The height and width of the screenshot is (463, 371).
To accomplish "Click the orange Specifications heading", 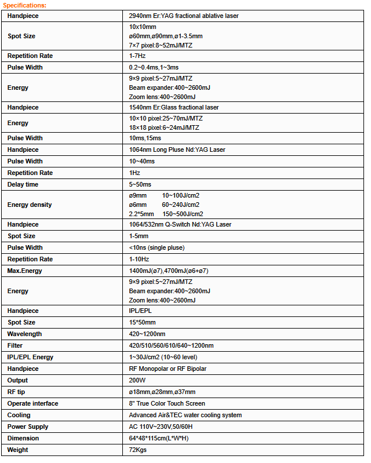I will click(25, 5).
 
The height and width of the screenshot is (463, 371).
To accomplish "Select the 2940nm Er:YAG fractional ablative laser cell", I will click(184, 16).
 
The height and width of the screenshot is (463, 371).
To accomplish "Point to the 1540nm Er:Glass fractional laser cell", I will click(174, 108).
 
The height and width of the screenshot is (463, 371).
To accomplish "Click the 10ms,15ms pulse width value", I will click(145, 138).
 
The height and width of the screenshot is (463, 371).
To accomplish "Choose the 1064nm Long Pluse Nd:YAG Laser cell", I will click(177, 150).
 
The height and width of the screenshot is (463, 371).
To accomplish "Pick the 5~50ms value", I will click(140, 185).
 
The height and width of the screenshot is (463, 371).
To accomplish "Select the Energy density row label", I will click(30, 205).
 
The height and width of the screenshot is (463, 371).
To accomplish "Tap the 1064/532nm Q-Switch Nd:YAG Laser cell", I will click(180, 225).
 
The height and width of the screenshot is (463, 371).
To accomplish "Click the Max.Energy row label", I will click(25, 271).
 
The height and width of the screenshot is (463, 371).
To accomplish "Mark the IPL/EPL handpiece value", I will click(140, 311).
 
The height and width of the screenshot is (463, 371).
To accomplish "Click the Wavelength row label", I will click(25, 334).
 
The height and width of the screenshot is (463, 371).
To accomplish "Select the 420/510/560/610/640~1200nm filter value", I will click(171, 346).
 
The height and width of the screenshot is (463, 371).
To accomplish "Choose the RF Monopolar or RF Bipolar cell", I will click(168, 369).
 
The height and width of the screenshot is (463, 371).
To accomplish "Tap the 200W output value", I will click(137, 381).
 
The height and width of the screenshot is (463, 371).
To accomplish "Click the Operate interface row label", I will click(33, 404).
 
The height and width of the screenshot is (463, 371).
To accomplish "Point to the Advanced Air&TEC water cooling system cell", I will click(185, 415).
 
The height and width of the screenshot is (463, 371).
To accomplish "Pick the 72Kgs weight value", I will click(139, 450).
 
